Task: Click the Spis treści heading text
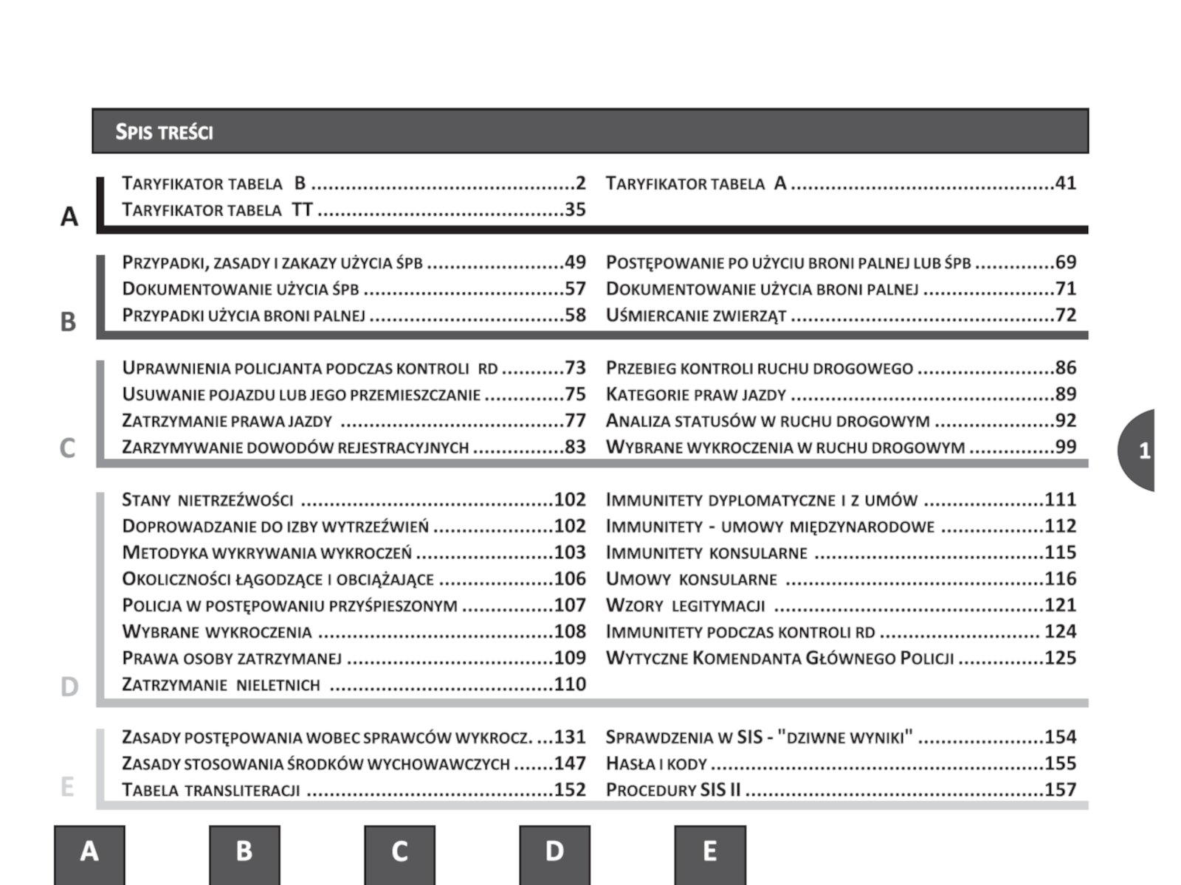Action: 164,132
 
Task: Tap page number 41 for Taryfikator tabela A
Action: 1065,183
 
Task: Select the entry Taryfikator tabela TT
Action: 218,210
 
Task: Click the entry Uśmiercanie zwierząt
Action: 695,316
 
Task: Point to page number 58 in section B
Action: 575,316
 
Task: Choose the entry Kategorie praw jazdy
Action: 695,395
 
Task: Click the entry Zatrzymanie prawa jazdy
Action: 227,421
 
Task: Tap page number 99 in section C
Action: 1065,447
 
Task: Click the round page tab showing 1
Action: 1140,451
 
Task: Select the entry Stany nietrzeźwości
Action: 207,500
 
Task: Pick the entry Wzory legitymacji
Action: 685,606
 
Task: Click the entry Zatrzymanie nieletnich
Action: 221,685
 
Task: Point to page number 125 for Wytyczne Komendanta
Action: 1060,658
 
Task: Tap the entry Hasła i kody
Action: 656,764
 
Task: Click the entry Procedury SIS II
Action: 672,791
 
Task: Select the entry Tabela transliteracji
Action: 211,791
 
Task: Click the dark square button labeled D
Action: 554,853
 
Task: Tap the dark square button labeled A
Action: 89,853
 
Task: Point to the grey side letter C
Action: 67,448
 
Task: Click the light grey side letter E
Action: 67,786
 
